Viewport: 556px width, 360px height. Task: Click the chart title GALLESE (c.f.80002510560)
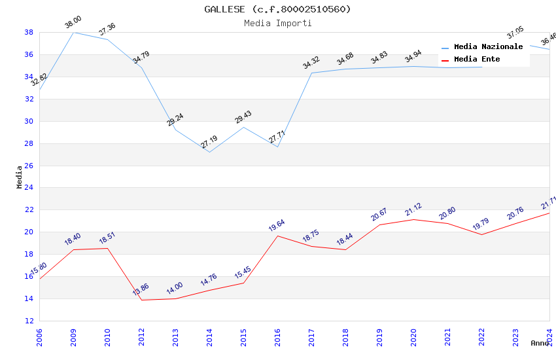point(277,9)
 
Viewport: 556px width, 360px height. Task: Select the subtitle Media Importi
point(277,23)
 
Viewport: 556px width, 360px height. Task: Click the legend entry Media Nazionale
point(488,46)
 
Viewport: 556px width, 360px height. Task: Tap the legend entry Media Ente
point(477,59)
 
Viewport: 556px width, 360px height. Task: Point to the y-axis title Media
point(20,177)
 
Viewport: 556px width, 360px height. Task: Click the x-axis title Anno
point(540,343)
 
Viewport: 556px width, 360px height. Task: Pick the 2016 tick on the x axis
point(277,336)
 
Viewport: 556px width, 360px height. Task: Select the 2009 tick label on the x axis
point(73,336)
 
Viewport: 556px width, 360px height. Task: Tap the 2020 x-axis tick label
point(413,336)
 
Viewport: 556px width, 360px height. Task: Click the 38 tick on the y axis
point(29,32)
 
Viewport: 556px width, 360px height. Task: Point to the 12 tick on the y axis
point(29,321)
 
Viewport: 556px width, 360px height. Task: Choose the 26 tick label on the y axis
point(29,166)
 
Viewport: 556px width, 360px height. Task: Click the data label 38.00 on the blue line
point(73,23)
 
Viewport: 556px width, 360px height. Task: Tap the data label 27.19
point(209,143)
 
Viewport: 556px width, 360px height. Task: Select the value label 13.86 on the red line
point(141,290)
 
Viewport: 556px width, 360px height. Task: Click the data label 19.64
point(277,226)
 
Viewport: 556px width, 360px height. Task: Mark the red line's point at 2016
point(277,236)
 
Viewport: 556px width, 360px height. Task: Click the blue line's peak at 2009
point(73,32)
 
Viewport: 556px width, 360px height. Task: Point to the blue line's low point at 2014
point(209,152)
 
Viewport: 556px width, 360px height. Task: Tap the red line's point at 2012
point(141,300)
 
